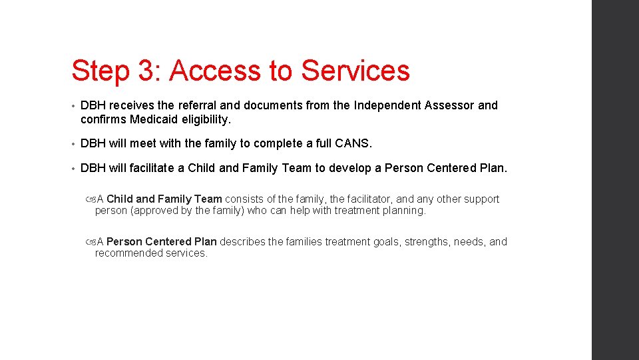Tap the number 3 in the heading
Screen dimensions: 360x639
click(146, 71)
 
